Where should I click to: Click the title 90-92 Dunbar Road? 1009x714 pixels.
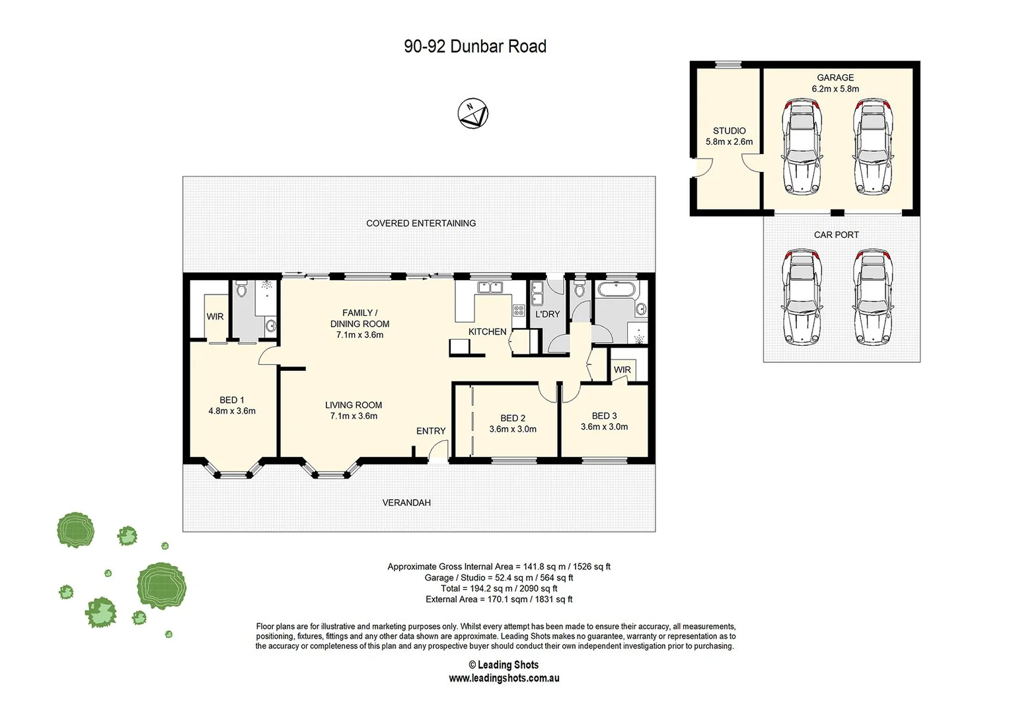click(x=475, y=46)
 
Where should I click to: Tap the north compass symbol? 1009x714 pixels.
click(x=472, y=114)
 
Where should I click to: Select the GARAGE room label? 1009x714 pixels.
click(x=835, y=77)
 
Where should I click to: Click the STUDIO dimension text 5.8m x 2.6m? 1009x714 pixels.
click(x=729, y=141)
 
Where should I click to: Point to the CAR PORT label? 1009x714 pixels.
click(x=836, y=235)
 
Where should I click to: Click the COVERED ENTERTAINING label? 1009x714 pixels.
click(x=421, y=223)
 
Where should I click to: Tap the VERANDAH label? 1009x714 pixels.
click(x=406, y=502)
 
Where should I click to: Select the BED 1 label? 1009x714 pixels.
click(x=232, y=400)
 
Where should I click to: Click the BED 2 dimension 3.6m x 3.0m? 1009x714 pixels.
click(x=513, y=429)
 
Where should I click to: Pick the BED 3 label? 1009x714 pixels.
click(x=604, y=416)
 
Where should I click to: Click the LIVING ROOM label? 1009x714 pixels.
click(x=354, y=405)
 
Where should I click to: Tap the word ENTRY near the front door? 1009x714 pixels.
click(x=431, y=431)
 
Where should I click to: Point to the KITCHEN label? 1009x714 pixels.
click(x=488, y=332)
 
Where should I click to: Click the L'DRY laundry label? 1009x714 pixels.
click(x=547, y=314)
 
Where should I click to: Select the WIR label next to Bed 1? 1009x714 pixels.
click(x=215, y=317)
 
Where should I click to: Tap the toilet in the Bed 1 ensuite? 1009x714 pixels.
click(x=241, y=290)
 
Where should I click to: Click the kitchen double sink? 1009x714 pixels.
click(x=490, y=288)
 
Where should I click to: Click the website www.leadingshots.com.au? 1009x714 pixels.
click(x=504, y=678)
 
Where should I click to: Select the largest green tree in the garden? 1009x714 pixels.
click(x=161, y=585)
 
